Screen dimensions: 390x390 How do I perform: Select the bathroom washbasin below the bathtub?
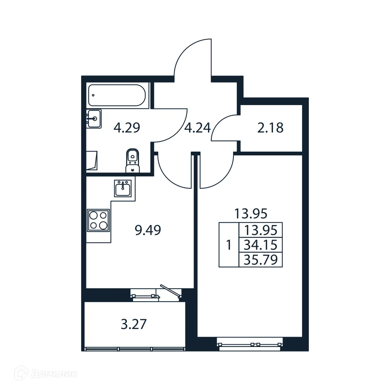click(94, 119)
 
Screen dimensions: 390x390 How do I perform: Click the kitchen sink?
click(123, 188)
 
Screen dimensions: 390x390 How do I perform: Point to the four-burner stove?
click(98, 220)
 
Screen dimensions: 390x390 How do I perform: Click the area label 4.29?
click(127, 128)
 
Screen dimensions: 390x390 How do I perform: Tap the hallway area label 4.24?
click(197, 127)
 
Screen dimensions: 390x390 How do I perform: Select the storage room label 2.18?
click(270, 128)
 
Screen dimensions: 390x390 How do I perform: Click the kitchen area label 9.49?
click(148, 230)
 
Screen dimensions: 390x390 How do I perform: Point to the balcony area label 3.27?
click(134, 325)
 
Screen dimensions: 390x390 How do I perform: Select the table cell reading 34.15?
click(261, 245)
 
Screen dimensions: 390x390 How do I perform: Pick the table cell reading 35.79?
click(261, 260)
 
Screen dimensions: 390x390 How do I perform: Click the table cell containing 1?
click(229, 245)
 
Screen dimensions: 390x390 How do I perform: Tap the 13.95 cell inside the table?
click(261, 230)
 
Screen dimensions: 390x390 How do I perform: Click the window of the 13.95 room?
click(251, 344)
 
